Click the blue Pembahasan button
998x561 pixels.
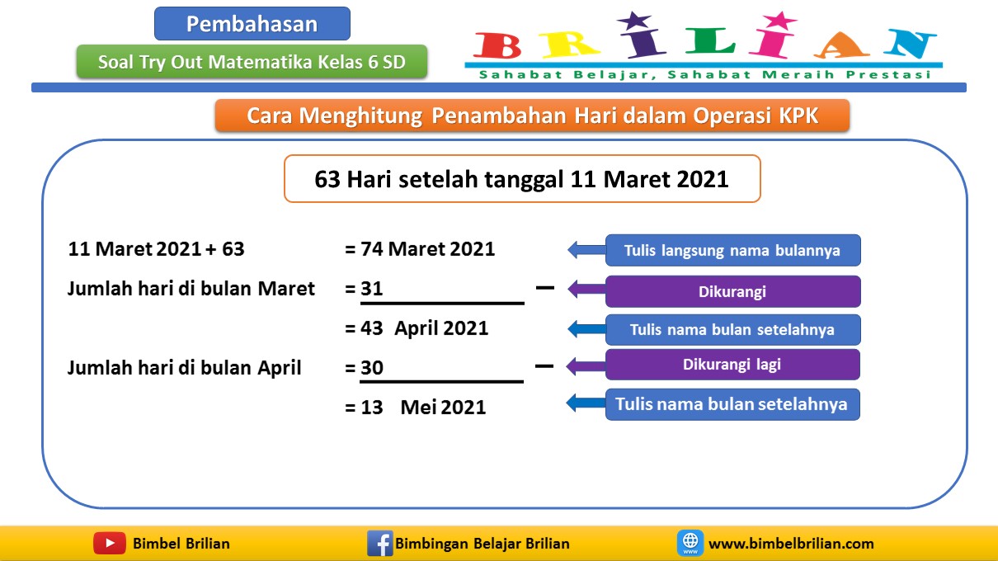tap(252, 24)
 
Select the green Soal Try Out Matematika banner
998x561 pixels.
tap(252, 62)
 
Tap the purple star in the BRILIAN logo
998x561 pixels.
tap(633, 21)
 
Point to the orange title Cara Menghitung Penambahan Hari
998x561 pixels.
tap(532, 115)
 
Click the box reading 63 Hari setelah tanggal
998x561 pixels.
tap(521, 179)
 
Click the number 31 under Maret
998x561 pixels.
tap(372, 289)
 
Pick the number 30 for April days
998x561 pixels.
tap(372, 368)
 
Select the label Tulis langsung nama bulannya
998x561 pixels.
tap(732, 250)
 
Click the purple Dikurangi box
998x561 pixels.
tap(732, 291)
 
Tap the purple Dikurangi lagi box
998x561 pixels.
tap(732, 364)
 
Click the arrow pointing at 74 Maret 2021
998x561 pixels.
tap(586, 250)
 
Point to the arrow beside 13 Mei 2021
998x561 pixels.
tap(586, 403)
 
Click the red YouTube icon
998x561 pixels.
tap(110, 543)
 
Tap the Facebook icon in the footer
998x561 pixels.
tap(379, 544)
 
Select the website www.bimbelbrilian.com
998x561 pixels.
tap(791, 544)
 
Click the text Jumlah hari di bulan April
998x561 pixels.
tap(184, 368)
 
